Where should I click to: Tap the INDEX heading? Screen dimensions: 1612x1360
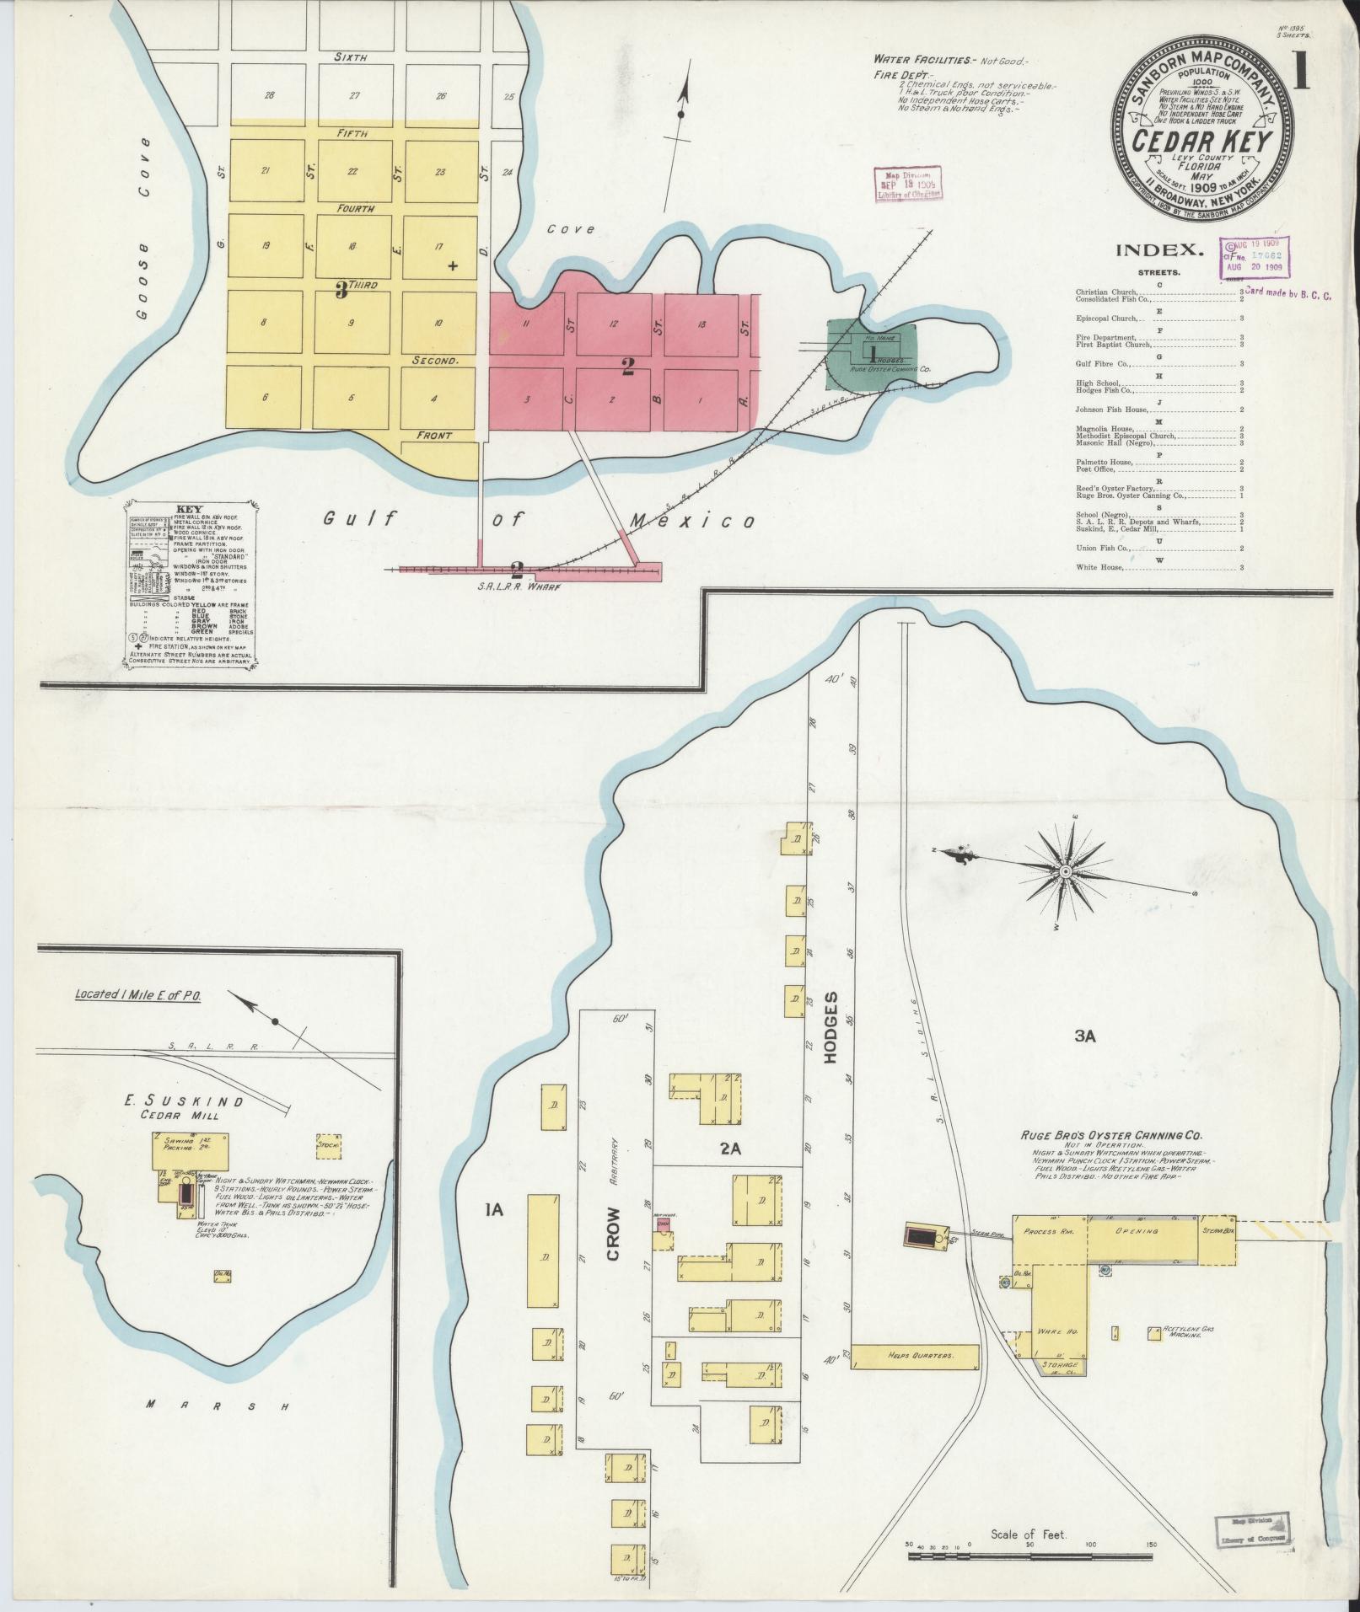(1158, 249)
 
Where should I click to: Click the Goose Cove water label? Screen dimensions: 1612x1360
(148, 228)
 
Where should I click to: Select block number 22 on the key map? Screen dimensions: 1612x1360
(352, 171)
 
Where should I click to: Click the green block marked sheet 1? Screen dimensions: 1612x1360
(874, 354)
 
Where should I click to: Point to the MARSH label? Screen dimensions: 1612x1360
(217, 1405)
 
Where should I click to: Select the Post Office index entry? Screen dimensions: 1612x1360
(1096, 469)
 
